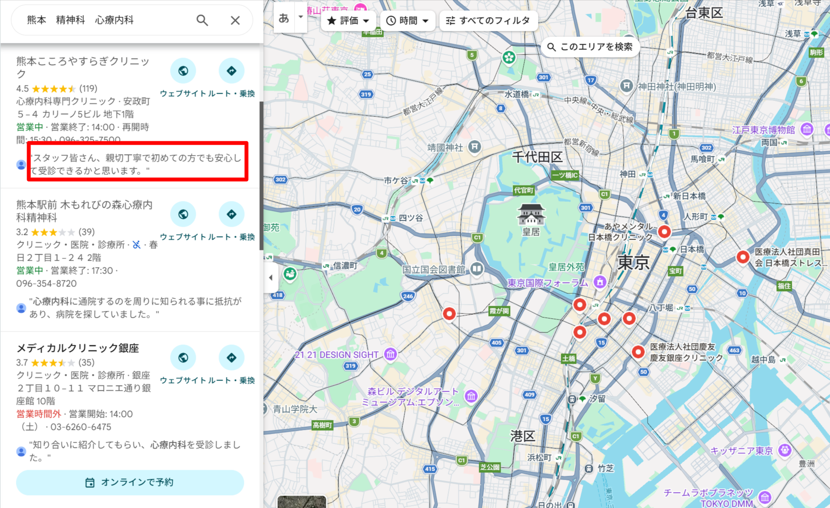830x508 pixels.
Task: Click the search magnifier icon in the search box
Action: pos(202,20)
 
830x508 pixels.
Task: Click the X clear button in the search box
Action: pos(235,20)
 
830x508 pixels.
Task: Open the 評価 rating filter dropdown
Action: pos(348,21)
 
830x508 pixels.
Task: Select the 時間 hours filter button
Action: pos(407,21)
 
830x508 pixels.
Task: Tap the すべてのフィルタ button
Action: pos(488,21)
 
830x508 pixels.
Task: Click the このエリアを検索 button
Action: pos(590,47)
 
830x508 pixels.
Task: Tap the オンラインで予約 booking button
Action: pos(130,482)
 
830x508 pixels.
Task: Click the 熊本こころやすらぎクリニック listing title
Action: pos(83,67)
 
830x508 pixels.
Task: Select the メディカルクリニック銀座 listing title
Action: pos(78,348)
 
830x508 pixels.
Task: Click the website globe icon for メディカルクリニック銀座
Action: pos(183,357)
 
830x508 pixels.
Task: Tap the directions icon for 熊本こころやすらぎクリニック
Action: pos(231,71)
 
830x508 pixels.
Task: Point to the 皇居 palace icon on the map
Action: pos(531,215)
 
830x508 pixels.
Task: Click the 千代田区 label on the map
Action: pos(537,157)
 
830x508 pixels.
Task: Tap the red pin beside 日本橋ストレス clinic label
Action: pos(743,257)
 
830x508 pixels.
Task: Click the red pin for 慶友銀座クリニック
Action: pos(638,352)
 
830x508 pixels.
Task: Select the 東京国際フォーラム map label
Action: pos(547,283)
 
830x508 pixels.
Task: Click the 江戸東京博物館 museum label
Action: pos(763,130)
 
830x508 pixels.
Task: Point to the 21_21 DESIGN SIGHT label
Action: pos(337,355)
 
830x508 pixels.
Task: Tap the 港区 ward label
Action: pos(522,436)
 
